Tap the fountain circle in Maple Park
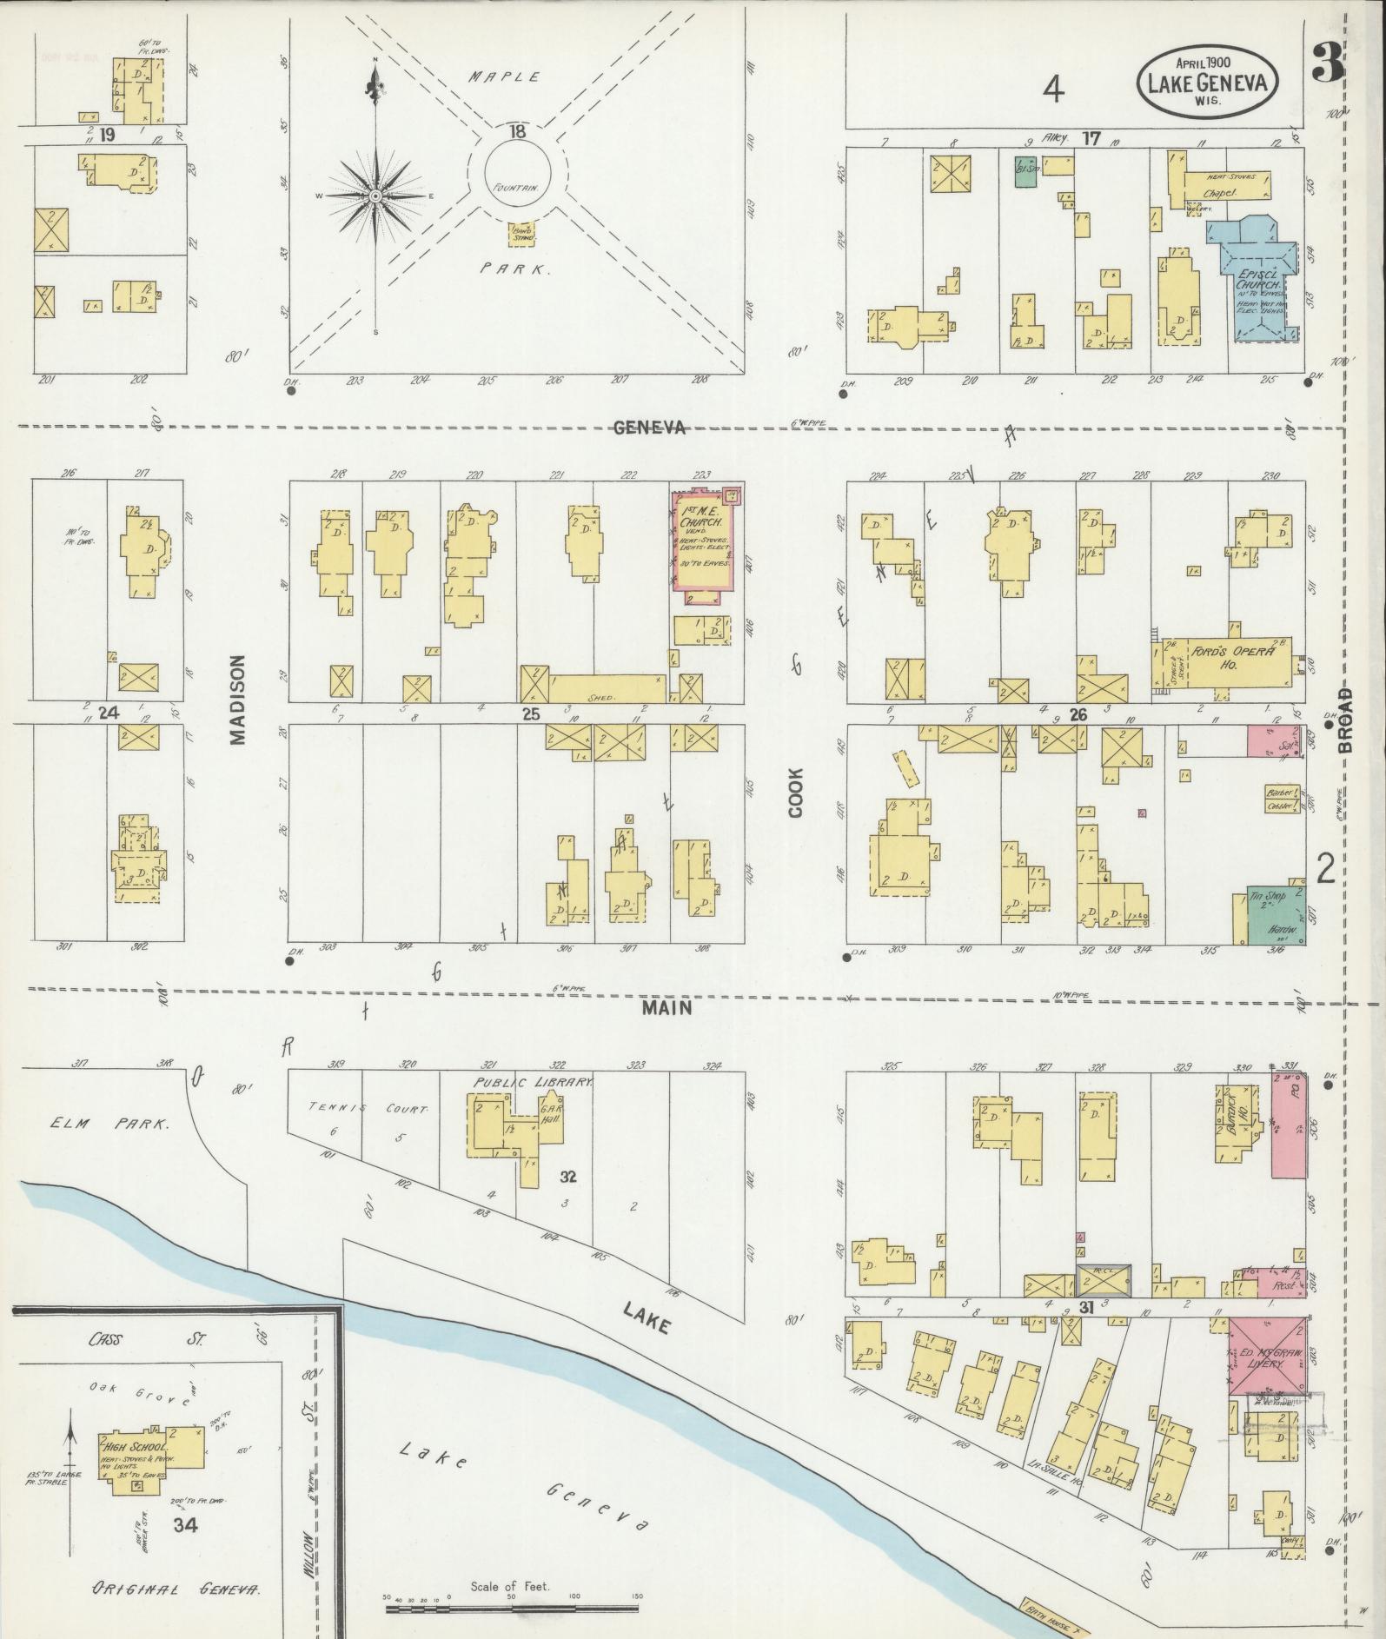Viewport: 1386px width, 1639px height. [517, 172]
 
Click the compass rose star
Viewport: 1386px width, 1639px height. [375, 197]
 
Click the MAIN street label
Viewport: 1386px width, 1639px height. [667, 1007]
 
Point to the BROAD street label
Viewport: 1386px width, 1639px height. [1346, 721]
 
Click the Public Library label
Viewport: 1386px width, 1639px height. [533, 1083]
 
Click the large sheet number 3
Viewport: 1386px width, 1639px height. [1329, 63]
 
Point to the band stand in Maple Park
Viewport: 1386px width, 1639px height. [521, 233]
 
